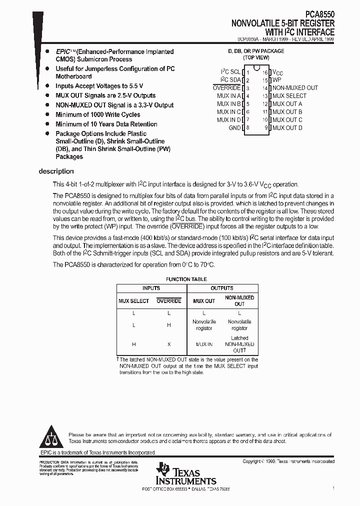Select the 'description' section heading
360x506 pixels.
(56, 171)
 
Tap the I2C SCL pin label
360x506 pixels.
(230, 72)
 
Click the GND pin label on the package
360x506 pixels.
(234, 128)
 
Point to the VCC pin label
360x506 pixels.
(277, 72)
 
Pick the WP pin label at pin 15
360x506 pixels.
(276, 80)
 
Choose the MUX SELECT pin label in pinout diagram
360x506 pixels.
(289, 96)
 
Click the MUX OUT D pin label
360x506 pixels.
(287, 128)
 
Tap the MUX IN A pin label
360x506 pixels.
(229, 96)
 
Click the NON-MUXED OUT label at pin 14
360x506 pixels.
(295, 88)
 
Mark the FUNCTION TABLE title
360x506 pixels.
(186, 279)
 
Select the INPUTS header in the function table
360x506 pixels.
(151, 288)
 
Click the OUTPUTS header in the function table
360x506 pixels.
(221, 288)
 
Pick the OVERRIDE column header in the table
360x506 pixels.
(169, 301)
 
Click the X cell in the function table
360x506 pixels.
(169, 344)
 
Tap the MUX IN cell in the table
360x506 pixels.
(204, 344)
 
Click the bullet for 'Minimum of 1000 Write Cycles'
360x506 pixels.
(47, 114)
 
